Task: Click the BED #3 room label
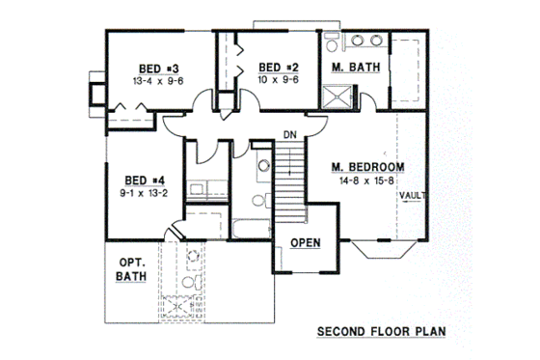click(x=154, y=69)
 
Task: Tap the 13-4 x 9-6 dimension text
click(x=154, y=82)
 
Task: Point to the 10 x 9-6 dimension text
click(x=279, y=80)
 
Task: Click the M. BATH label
click(x=353, y=68)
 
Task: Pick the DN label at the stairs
click(x=290, y=133)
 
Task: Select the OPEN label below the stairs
click(x=305, y=242)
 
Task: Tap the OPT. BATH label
click(x=130, y=269)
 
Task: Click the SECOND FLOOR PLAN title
click(x=382, y=332)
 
